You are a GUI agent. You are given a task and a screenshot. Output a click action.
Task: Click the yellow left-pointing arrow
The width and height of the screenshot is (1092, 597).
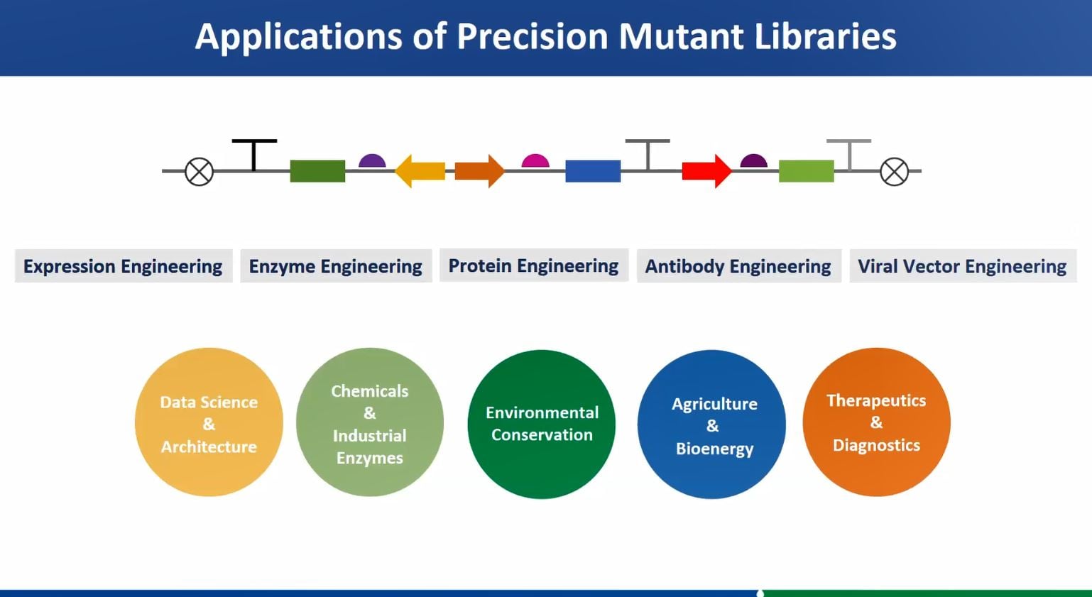point(420,171)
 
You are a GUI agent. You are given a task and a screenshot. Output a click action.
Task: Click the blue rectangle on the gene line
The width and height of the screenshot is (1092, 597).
point(593,171)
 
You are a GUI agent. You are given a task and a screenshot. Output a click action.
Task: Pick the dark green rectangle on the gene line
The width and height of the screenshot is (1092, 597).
point(317,171)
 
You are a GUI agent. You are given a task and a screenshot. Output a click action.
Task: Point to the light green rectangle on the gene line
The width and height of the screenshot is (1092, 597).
point(806,171)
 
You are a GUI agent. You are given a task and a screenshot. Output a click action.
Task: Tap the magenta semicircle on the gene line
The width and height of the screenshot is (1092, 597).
point(535,161)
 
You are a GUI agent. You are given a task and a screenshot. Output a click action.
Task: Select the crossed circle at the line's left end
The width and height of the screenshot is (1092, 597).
point(200,172)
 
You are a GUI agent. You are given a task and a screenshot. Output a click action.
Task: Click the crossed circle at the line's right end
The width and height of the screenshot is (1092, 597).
point(894,172)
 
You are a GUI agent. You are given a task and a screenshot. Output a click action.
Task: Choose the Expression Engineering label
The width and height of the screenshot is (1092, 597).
point(123,266)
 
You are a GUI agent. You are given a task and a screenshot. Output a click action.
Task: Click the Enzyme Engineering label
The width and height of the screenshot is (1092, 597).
point(335,266)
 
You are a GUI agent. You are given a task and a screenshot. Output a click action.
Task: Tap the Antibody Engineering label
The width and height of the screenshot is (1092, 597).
point(738,266)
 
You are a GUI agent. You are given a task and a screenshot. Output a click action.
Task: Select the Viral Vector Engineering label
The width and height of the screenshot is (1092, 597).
point(962,266)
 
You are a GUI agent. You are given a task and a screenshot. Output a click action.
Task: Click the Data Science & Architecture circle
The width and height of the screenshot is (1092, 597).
point(209,422)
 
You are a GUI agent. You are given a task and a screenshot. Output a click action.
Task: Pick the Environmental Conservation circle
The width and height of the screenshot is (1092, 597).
point(542,424)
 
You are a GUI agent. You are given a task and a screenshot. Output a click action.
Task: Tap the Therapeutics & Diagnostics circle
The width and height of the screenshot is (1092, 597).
point(876,422)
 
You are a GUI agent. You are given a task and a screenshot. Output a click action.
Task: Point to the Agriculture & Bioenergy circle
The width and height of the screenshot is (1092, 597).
point(712,425)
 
